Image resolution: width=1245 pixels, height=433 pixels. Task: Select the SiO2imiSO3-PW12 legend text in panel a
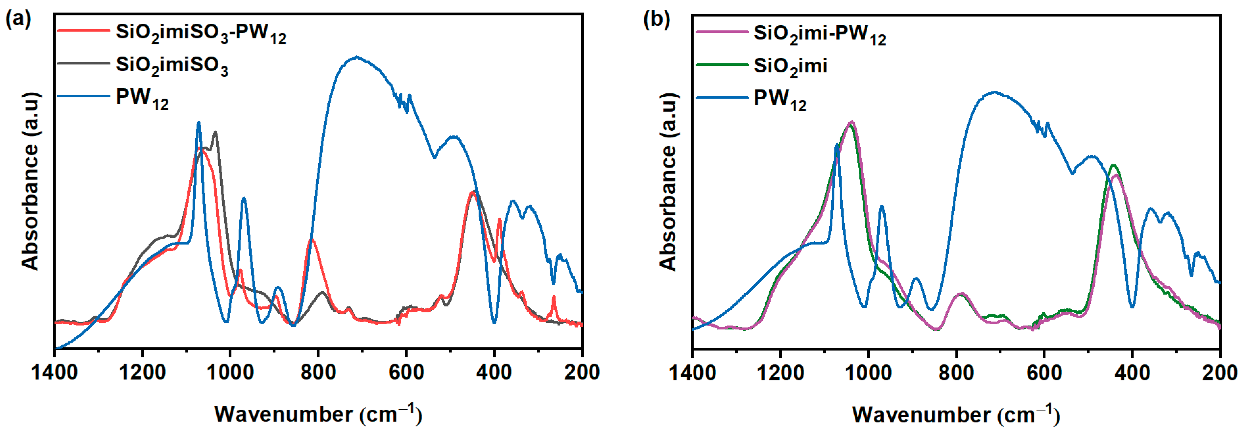(x=201, y=33)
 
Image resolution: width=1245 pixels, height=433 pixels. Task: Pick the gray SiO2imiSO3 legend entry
(x=172, y=65)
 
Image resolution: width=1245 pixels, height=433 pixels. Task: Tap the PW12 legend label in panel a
(x=142, y=98)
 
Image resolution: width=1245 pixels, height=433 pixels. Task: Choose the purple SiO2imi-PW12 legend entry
(x=819, y=34)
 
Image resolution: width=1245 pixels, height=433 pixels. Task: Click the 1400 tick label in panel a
(x=54, y=373)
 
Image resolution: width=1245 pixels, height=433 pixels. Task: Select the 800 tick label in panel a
(x=318, y=373)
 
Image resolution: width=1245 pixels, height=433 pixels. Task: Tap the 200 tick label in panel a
(x=582, y=373)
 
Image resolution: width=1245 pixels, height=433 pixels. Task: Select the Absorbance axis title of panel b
(x=668, y=181)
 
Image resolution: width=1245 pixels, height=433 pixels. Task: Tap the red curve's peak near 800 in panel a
(x=312, y=240)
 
